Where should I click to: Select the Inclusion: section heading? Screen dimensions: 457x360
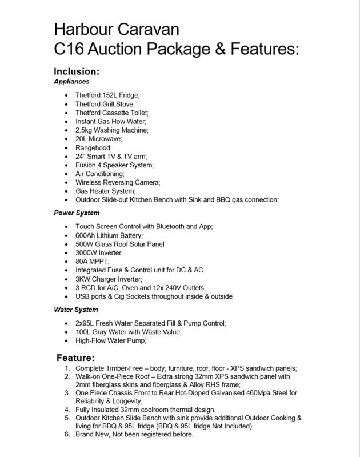pyautogui.click(x=77, y=71)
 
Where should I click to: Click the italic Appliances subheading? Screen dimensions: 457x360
pyautogui.click(x=71, y=82)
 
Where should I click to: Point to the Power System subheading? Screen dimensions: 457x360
pyautogui.click(x=77, y=213)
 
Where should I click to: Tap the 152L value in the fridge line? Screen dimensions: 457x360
pyautogui.click(x=111, y=95)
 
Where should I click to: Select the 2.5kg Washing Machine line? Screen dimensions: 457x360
pyautogui.click(x=111, y=130)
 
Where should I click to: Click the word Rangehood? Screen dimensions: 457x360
pyautogui.click(x=93, y=147)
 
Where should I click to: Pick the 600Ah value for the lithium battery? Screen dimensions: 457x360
pyautogui.click(x=86, y=235)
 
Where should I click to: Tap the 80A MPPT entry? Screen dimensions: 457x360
pyautogui.click(x=92, y=262)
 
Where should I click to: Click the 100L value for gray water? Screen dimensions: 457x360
pyautogui.click(x=84, y=332)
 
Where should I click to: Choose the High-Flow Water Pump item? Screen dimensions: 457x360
pyautogui.click(x=111, y=340)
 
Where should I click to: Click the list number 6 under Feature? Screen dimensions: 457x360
pyautogui.click(x=67, y=434)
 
